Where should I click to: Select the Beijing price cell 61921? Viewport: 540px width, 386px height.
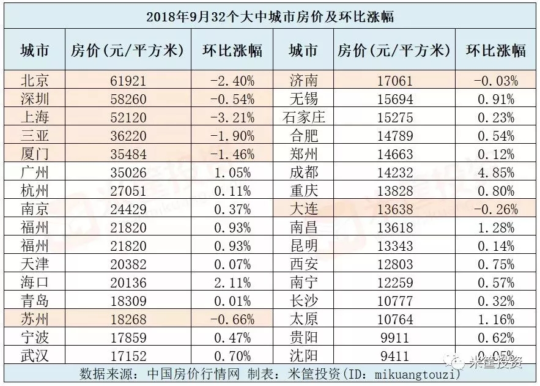click(x=127, y=80)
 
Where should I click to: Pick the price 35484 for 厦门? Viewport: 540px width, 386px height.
click(x=127, y=153)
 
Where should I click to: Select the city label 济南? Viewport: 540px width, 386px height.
click(x=303, y=80)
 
